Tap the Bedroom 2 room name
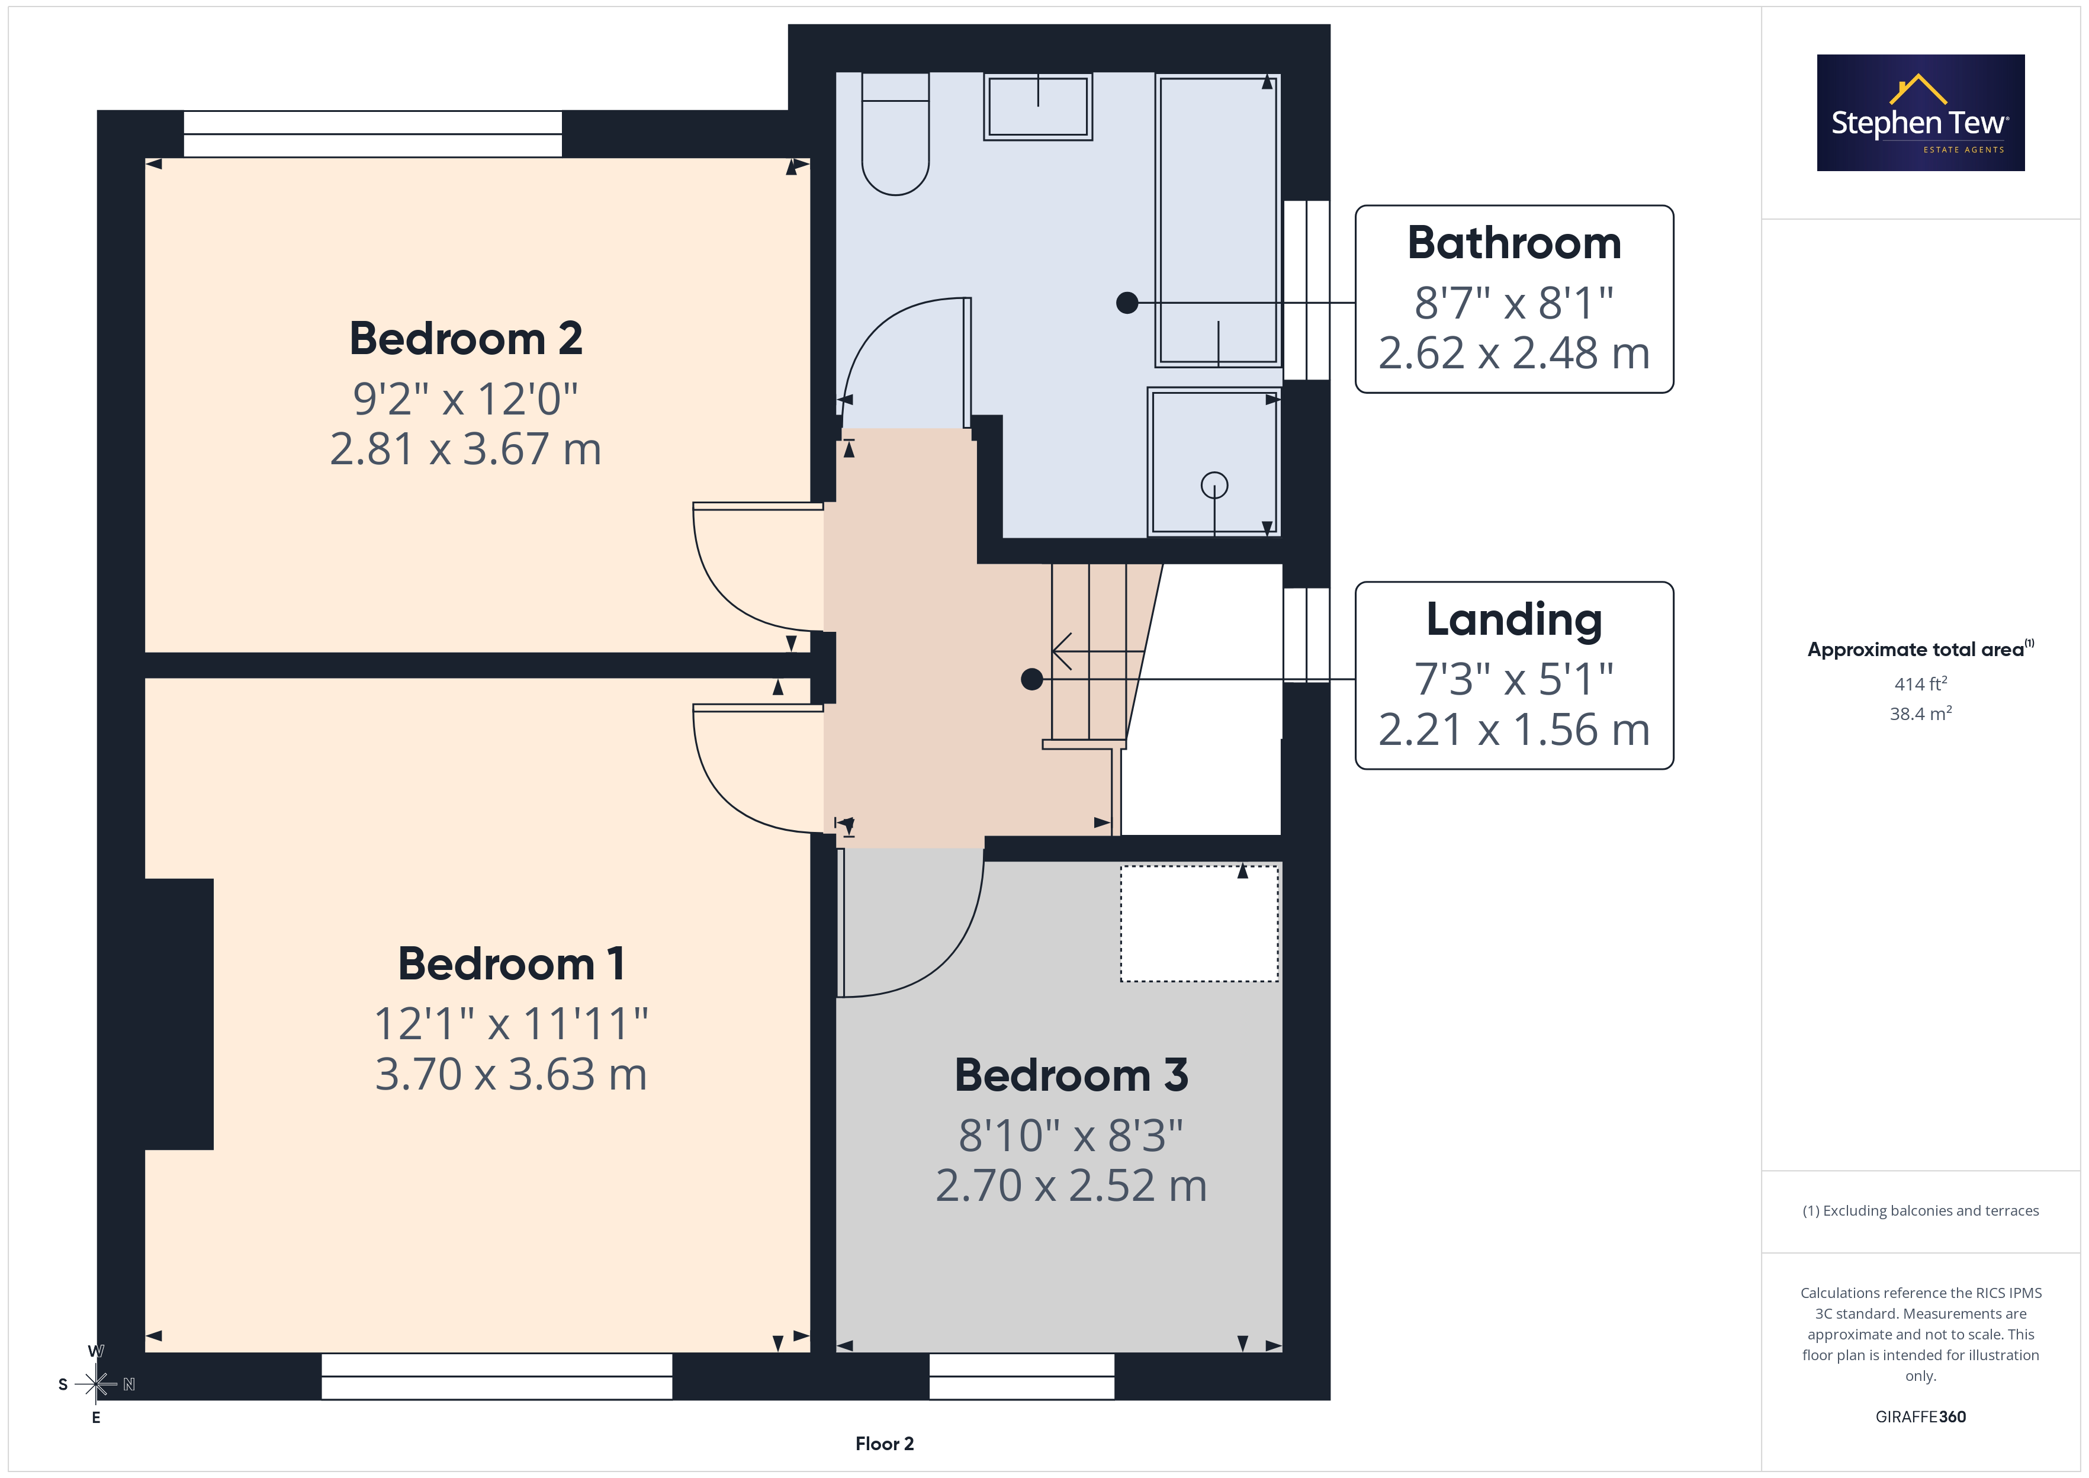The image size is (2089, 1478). [466, 339]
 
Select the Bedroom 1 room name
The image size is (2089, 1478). [512, 964]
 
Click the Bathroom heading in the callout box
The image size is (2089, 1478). [1514, 243]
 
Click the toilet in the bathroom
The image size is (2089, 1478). [895, 134]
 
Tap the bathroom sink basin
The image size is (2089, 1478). [1038, 107]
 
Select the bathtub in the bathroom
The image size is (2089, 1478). [1218, 220]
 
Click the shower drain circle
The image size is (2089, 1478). [1214, 485]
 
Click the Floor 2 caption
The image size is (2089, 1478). [885, 1444]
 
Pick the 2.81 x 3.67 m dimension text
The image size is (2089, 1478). [466, 449]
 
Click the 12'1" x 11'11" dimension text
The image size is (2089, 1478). [512, 1024]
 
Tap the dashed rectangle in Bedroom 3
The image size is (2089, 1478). [1199, 923]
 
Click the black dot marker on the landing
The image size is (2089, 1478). [1031, 679]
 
